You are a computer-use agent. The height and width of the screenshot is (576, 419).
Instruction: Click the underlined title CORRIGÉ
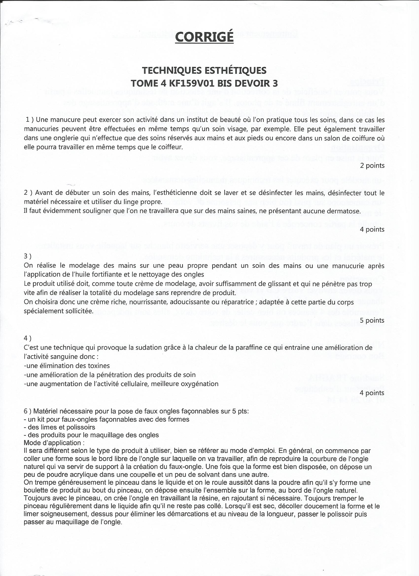click(x=204, y=37)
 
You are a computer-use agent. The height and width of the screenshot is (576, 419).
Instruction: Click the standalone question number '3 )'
click(x=28, y=256)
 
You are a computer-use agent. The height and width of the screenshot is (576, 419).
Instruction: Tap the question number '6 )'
click(x=28, y=411)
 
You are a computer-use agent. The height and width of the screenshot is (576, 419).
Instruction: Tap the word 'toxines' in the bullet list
click(x=98, y=366)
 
